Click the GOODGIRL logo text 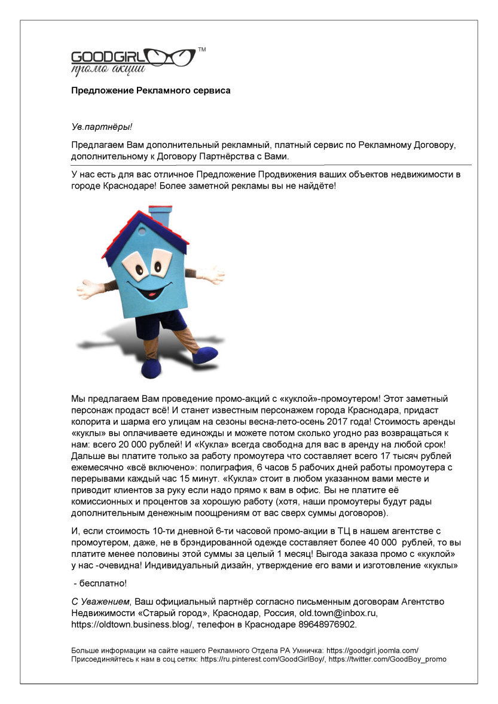pyautogui.click(x=104, y=57)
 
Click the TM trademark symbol pyautogui.click(x=201, y=50)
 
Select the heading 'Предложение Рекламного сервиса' pyautogui.click(x=151, y=91)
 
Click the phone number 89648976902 pyautogui.click(x=328, y=624)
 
